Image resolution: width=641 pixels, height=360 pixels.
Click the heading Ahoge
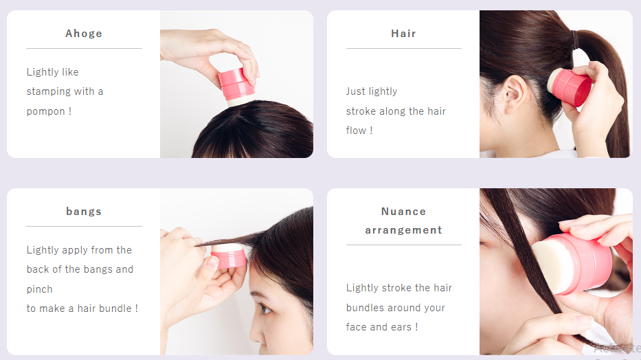point(84,34)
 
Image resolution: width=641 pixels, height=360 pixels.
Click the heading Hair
point(403,34)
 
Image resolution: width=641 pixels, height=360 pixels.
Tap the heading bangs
point(84,212)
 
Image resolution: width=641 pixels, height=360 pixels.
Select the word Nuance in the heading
point(403,212)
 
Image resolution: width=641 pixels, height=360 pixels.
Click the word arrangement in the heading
point(403,230)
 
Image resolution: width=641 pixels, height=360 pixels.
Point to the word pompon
point(46,111)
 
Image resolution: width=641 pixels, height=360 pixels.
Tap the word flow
point(356,131)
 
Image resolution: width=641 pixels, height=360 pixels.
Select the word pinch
point(40,289)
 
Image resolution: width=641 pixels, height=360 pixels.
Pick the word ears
point(401,327)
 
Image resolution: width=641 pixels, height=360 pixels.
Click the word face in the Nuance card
point(356,327)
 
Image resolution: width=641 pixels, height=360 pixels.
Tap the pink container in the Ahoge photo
point(236,84)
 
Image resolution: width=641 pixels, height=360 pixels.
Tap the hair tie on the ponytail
point(576,40)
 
